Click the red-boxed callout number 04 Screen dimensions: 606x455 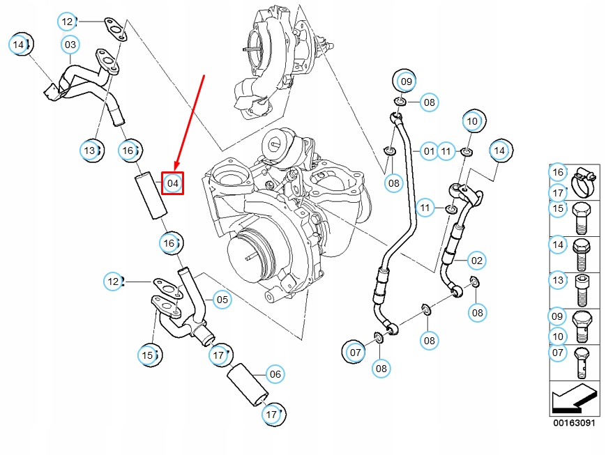point(172,183)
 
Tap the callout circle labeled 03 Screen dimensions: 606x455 point(70,45)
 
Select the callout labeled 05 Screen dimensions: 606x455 point(222,300)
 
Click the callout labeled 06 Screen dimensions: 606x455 point(275,374)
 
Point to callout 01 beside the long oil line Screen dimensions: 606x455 point(429,151)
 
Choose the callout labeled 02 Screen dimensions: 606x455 point(477,261)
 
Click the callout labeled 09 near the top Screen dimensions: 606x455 point(406,82)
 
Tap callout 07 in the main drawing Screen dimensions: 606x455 point(355,353)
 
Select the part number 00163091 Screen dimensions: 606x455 point(574,422)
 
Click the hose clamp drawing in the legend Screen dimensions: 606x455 point(585,183)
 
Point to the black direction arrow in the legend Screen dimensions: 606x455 point(573,398)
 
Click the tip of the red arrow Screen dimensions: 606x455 point(175,170)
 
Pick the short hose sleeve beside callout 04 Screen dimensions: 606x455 point(151,196)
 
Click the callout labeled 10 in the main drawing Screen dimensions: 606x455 point(472,121)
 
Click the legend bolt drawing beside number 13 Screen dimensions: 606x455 point(582,291)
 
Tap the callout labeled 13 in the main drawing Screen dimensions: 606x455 point(89,151)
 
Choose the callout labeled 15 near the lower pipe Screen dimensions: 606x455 point(148,355)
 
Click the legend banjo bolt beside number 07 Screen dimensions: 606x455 point(582,363)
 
